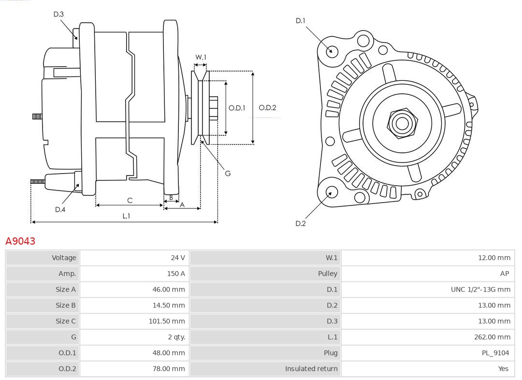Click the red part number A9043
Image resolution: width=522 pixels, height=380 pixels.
tap(20, 241)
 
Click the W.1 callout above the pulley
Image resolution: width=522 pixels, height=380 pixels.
tap(201, 57)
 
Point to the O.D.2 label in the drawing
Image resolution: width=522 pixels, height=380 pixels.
tap(267, 108)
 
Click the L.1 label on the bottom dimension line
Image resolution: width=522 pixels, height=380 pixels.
tap(126, 216)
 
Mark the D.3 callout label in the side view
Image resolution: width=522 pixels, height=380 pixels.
tap(58, 15)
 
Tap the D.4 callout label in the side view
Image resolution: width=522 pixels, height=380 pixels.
tap(60, 209)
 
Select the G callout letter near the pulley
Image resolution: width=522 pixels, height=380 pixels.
tap(228, 173)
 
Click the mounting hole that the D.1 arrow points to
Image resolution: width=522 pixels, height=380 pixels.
tap(332, 51)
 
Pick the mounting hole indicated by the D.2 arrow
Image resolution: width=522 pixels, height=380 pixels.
tap(331, 192)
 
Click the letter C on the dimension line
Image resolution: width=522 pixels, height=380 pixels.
tap(130, 200)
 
